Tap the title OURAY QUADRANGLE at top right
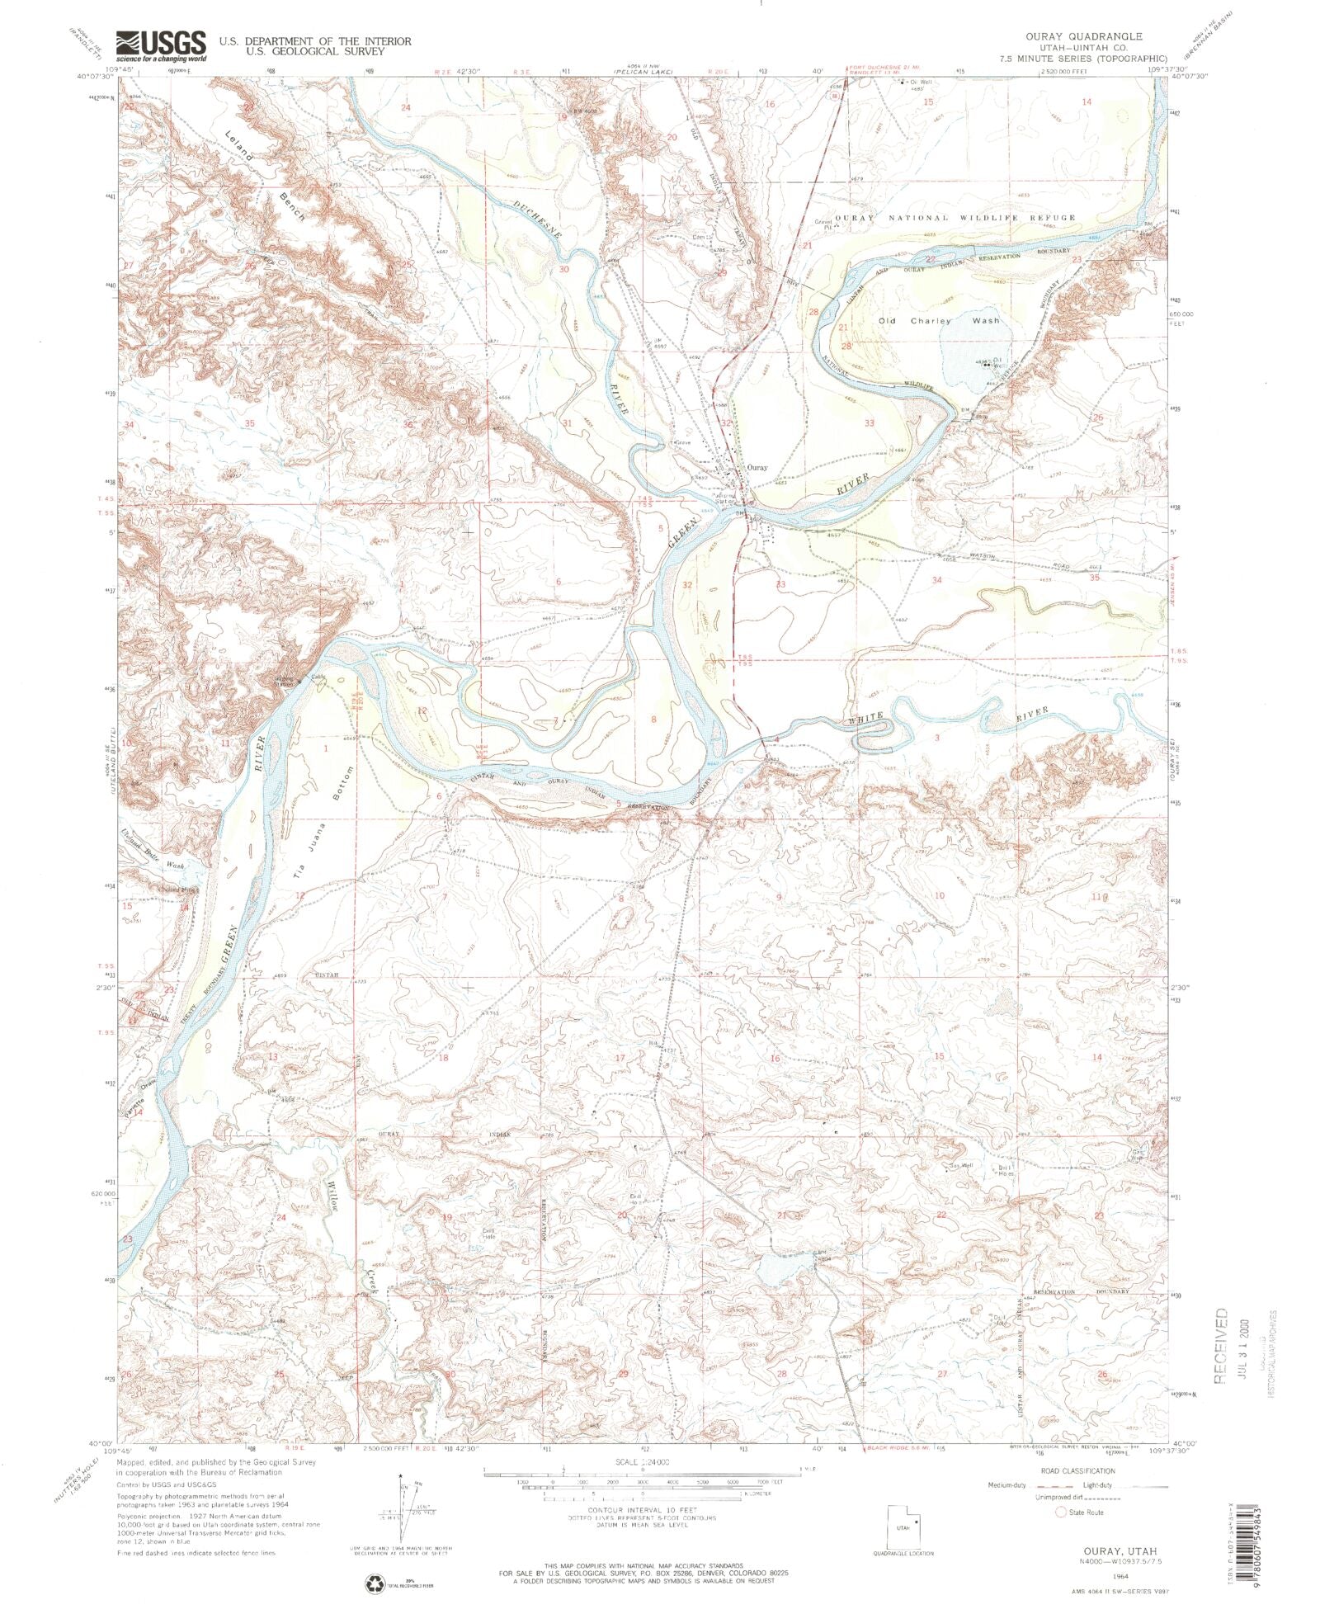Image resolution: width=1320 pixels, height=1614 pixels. tap(1095, 36)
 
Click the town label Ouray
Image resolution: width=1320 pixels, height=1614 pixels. tap(756, 467)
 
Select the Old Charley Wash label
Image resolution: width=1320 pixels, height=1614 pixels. tap(938, 320)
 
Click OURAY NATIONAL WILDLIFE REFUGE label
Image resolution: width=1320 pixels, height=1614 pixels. tap(955, 218)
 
